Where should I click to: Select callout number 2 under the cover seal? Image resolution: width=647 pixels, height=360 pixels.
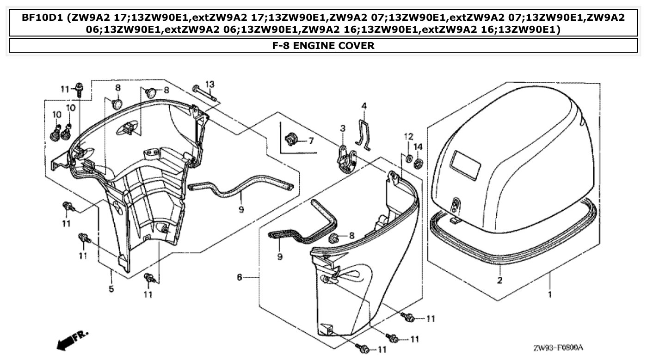coord(499,280)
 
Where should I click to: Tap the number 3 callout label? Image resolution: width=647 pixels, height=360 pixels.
coord(343,128)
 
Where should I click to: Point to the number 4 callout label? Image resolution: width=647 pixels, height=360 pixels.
coord(364,106)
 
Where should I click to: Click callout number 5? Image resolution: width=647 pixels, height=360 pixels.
coord(111,289)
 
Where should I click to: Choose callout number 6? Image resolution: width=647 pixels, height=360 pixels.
coord(240,277)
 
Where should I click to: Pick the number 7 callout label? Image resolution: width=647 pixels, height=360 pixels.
coord(311,140)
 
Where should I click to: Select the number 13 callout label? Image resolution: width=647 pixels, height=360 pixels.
coord(210,84)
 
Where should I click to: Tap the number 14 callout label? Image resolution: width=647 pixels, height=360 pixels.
coord(418,146)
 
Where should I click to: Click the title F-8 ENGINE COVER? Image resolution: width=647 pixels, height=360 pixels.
coord(323,45)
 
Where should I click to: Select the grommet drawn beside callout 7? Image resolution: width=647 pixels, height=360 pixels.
coord(291,138)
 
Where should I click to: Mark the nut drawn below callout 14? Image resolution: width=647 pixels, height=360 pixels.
coord(419,163)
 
